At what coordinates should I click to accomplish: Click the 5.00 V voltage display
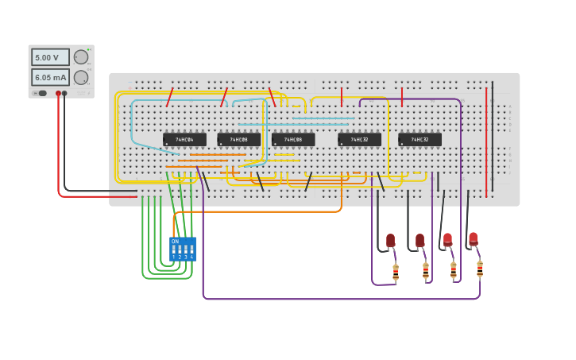tap(50, 57)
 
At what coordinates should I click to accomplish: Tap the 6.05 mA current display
tap(50, 77)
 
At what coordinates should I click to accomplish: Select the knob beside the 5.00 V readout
tap(81, 57)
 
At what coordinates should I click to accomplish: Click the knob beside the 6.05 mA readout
tap(81, 77)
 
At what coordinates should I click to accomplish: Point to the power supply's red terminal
tap(58, 93)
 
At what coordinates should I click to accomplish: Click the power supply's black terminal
tap(64, 93)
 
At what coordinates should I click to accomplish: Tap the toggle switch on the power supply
tap(41, 93)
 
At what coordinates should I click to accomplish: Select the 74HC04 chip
tap(184, 140)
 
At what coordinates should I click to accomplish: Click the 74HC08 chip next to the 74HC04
tap(238, 140)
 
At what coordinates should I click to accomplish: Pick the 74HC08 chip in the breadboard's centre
tap(293, 140)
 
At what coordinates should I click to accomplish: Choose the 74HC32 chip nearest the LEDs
tap(419, 140)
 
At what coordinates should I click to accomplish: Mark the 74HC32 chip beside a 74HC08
tap(359, 140)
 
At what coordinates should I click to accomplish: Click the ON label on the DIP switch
tap(175, 241)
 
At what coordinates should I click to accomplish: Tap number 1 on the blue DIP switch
tap(173, 257)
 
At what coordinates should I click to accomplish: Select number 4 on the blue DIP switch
tap(192, 257)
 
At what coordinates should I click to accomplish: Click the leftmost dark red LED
tap(390, 240)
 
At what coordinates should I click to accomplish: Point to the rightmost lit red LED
tap(474, 238)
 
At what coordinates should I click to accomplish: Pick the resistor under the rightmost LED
tap(480, 269)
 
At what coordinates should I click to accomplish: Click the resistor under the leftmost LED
tap(396, 273)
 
